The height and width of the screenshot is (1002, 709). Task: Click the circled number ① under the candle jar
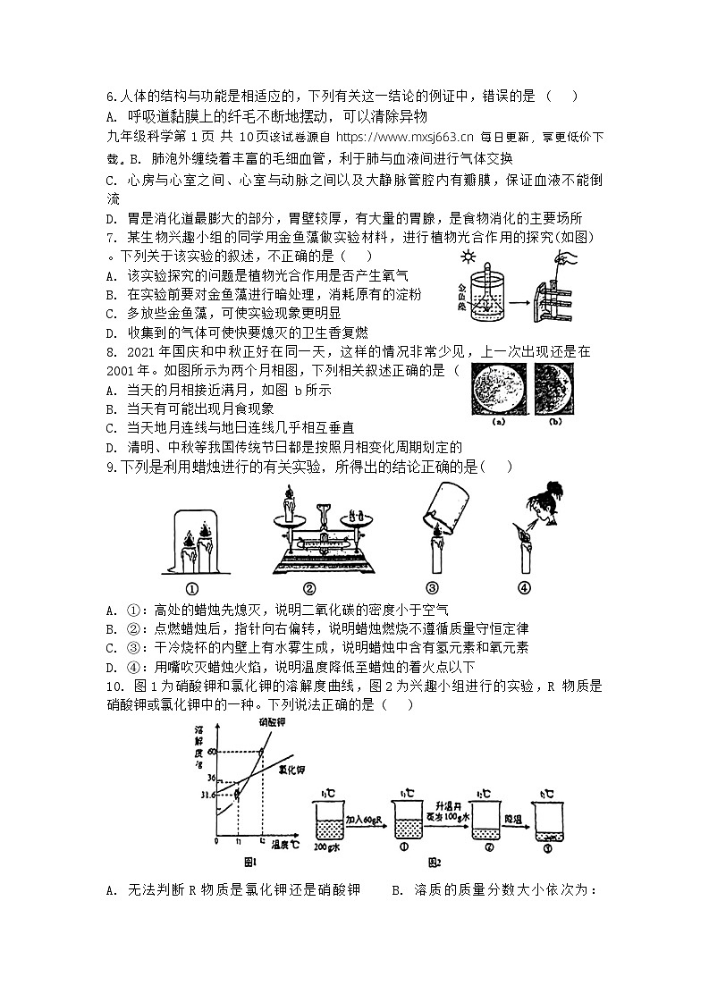click(x=190, y=587)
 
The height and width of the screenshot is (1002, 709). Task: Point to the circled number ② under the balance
click(x=308, y=587)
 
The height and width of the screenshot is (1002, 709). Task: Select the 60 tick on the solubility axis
click(x=212, y=751)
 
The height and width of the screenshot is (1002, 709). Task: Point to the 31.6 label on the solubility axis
click(x=206, y=793)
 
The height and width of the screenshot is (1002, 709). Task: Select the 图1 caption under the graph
click(x=250, y=863)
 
